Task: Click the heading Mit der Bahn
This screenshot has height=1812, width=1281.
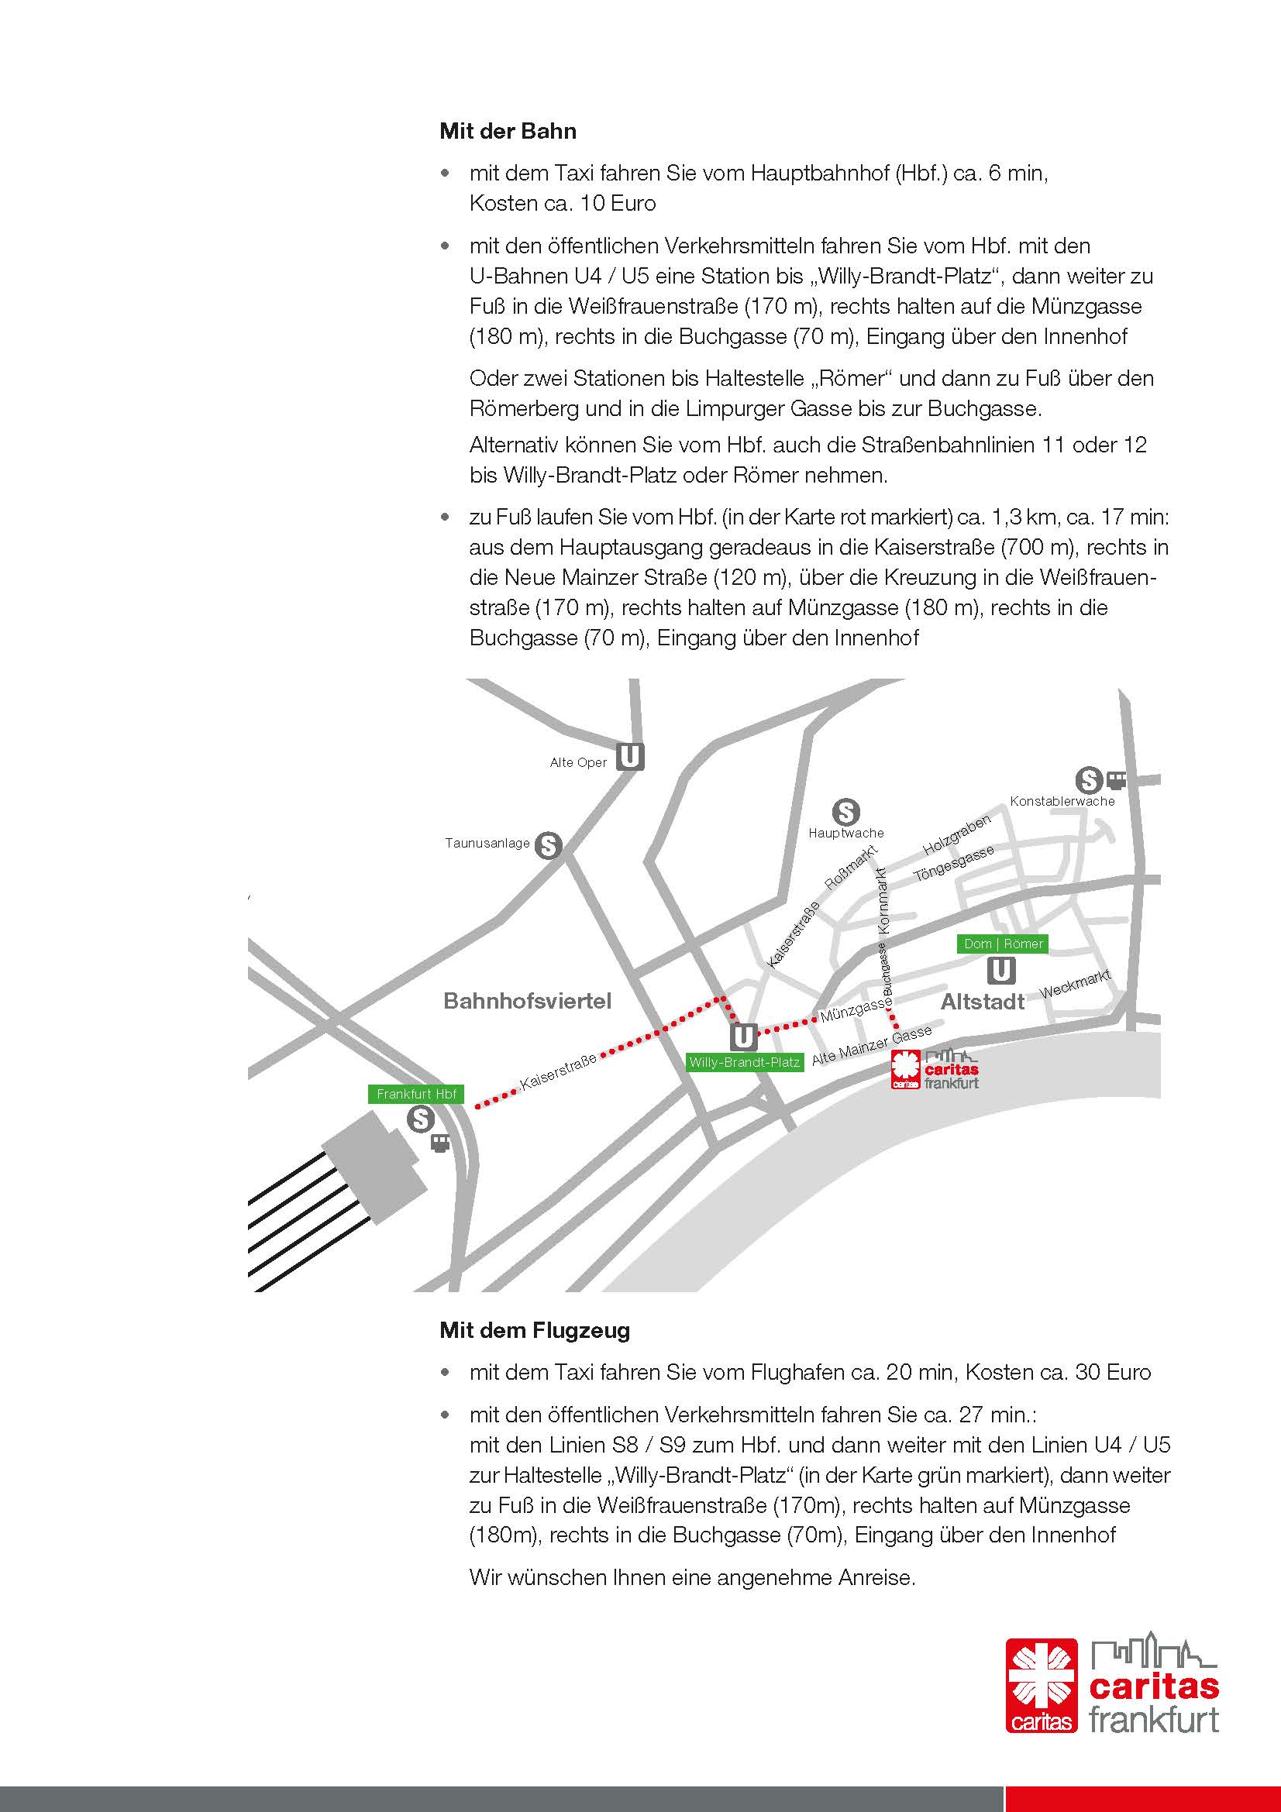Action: click(508, 131)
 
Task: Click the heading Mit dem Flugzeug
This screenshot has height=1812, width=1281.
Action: click(535, 1330)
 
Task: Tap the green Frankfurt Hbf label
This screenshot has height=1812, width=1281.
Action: click(416, 1094)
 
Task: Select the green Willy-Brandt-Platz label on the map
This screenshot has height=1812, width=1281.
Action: click(744, 1062)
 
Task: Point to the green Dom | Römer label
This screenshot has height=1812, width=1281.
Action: click(1002, 944)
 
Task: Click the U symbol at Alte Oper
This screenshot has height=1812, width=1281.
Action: click(630, 757)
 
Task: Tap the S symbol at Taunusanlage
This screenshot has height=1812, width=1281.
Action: click(548, 846)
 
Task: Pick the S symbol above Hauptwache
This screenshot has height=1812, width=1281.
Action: click(845, 811)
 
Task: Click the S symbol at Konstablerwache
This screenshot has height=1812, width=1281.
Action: click(1090, 781)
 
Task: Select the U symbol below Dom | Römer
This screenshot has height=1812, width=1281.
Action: click(1001, 970)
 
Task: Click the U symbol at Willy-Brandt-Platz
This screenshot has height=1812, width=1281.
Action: click(743, 1037)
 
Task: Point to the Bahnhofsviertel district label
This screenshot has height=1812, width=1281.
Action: click(527, 1002)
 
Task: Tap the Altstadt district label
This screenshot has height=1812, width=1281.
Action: click(983, 1002)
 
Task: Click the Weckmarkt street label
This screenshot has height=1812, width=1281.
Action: click(1075, 983)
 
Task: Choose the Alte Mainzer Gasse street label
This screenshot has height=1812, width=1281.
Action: click(871, 1045)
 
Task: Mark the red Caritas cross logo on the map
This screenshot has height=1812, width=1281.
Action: click(906, 1069)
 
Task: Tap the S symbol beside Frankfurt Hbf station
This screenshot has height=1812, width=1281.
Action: click(421, 1119)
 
